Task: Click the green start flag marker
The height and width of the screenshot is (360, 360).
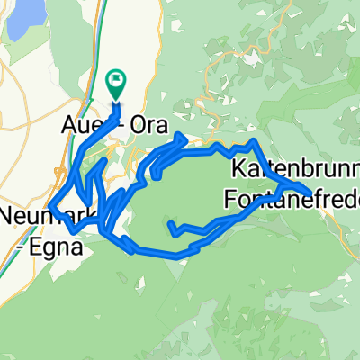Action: click(116, 83)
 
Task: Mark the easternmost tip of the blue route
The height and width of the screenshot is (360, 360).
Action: click(311, 193)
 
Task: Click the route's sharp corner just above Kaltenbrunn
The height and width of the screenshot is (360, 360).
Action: click(256, 142)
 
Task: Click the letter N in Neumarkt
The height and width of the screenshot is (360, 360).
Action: click(8, 217)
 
